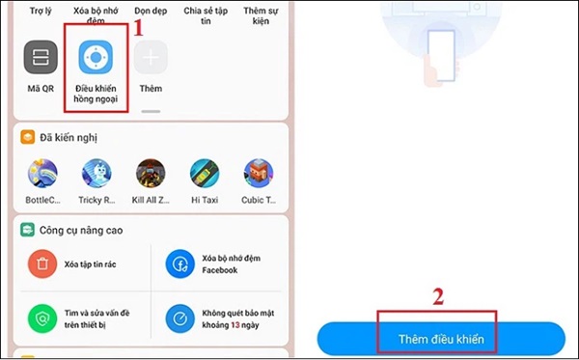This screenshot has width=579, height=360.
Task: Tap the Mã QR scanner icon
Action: coord(41,57)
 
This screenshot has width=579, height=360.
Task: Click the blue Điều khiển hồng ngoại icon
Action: coord(96,57)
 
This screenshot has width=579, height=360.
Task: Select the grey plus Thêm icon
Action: coord(151,57)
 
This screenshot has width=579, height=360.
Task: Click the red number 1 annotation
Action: coord(138,28)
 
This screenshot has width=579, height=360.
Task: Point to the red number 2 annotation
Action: coord(438,296)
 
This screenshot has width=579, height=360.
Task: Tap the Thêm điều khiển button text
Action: coord(441,340)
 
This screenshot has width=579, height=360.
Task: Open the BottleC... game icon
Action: coord(42,173)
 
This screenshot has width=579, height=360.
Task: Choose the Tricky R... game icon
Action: coord(96,173)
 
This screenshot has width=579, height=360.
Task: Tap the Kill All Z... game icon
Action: coord(151,173)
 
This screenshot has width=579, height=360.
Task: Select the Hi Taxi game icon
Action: coord(205,173)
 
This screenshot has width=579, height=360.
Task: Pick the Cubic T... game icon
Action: coord(259,173)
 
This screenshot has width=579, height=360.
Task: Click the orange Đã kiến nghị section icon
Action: coord(28,137)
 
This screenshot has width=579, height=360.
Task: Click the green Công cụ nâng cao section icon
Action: coord(27,230)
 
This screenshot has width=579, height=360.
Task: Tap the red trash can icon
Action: coord(42,264)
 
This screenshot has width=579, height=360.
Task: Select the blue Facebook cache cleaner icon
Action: coord(180,264)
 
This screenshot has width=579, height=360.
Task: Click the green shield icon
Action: coord(42,318)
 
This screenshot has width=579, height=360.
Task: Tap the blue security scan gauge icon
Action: coord(180,318)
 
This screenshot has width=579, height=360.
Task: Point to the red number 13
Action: coord(235,325)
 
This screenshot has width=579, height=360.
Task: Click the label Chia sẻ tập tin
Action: coord(206,15)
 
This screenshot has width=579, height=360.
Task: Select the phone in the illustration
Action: coord(441,55)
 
